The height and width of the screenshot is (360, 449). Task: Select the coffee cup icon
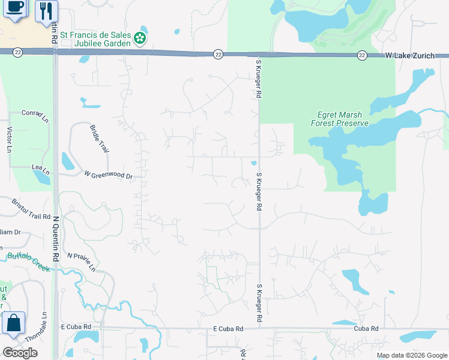pos(14,8)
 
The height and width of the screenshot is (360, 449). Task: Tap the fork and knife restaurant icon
pos(46,10)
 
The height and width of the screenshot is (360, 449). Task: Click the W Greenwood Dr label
pos(108,176)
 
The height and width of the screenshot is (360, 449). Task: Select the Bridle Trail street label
pos(98,139)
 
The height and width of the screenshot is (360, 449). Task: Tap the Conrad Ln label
pos(34,116)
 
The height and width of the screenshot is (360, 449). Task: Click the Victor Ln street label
pos(9,139)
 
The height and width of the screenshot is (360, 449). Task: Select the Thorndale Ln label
pos(44,327)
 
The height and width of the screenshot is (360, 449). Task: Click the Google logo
pos(20,352)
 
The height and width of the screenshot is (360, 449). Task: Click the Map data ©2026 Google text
pos(411,355)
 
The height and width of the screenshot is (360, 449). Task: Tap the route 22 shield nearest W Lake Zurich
pos(362,55)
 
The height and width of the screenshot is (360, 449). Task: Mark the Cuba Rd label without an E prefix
pos(366,329)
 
